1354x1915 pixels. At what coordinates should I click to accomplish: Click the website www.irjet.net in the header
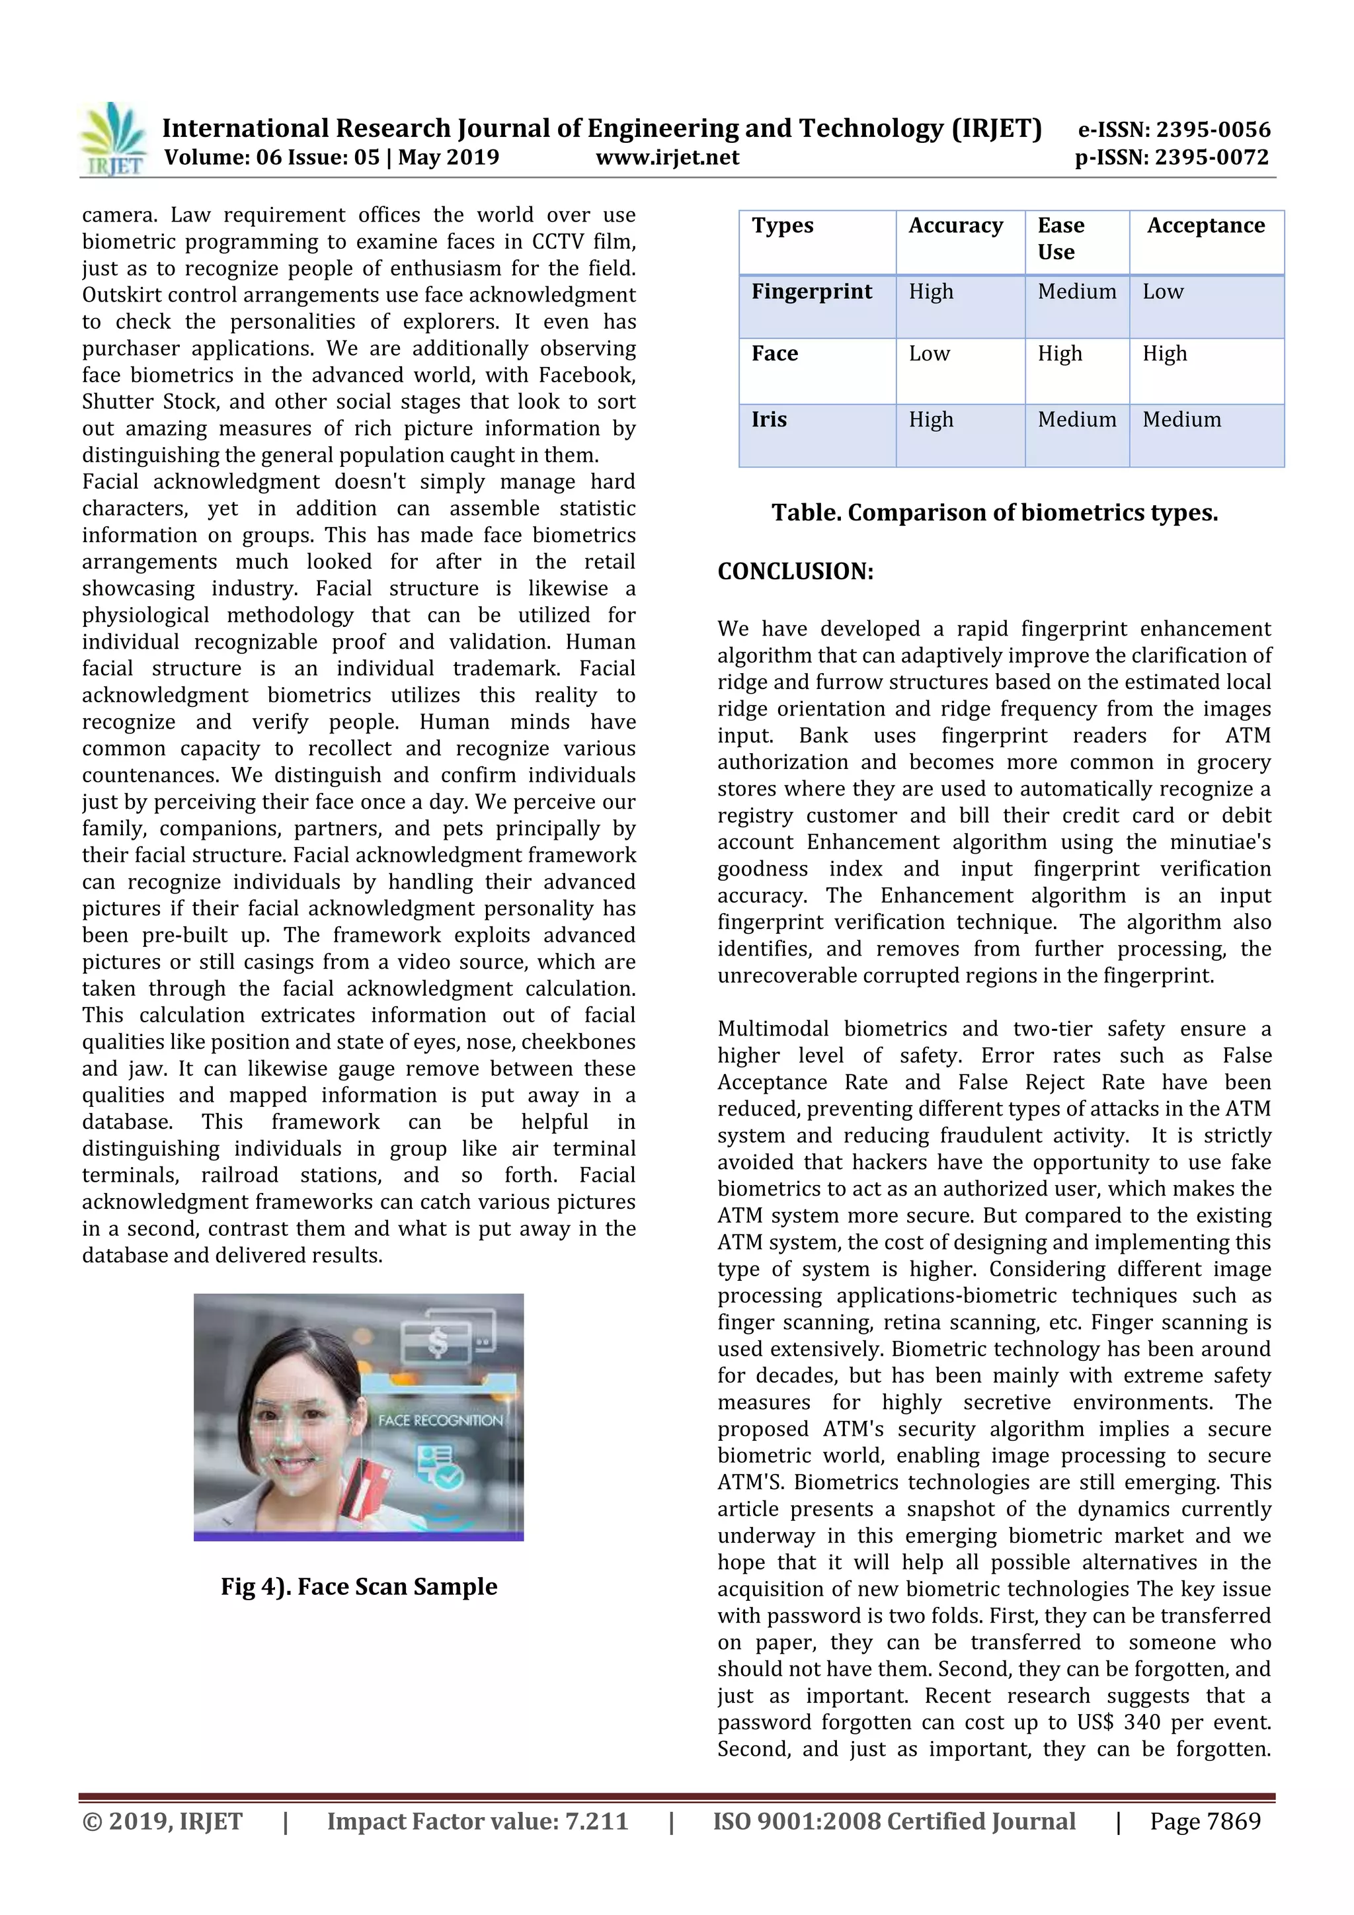click(x=667, y=157)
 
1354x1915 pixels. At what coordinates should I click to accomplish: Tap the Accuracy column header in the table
click(x=955, y=226)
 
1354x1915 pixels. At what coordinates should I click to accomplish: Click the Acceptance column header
click(x=1206, y=226)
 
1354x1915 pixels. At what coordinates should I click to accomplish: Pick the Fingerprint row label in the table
click(x=811, y=292)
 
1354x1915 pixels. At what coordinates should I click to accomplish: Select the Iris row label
click(x=769, y=419)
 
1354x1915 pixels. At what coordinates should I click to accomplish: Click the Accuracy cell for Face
click(x=929, y=354)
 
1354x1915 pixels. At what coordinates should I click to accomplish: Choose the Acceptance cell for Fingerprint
click(x=1163, y=292)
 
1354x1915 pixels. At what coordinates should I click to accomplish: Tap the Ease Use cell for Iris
click(x=1076, y=419)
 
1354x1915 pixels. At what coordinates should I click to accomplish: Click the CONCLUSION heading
click(x=795, y=571)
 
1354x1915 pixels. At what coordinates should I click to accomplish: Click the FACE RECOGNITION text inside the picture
click(x=440, y=1420)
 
